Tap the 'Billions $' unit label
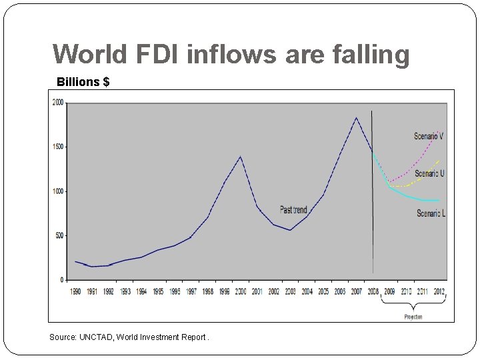click(x=83, y=82)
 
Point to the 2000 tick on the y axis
click(x=59, y=103)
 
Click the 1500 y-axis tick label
click(x=59, y=147)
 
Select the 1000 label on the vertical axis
click(x=59, y=191)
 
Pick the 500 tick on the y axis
click(x=60, y=235)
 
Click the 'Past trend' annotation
click(x=293, y=210)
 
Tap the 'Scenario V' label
click(x=429, y=136)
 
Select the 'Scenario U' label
click(x=429, y=173)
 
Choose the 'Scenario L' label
click(x=431, y=213)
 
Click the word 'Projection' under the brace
click(x=413, y=317)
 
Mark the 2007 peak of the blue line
click(x=356, y=118)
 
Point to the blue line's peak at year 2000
click(x=240, y=157)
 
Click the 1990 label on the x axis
click(x=75, y=291)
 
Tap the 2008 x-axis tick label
click(x=372, y=291)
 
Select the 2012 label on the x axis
click(x=439, y=291)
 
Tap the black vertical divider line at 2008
click(x=372, y=200)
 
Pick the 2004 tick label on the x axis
click(x=307, y=291)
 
